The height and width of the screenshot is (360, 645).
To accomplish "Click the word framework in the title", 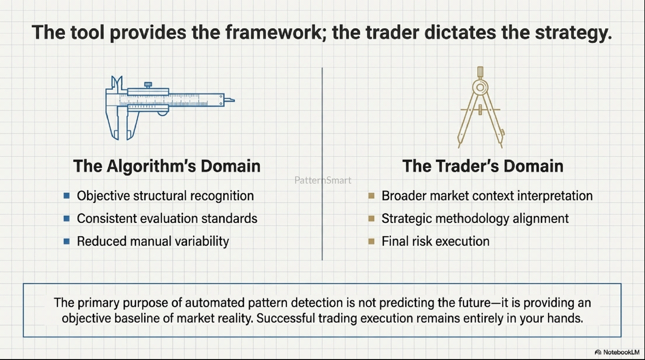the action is coord(274,32).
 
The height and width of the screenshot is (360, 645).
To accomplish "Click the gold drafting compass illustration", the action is coord(481,108).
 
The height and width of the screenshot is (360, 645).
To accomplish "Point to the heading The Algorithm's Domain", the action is coord(167,166).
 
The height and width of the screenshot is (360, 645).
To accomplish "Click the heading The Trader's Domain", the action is coord(483,166).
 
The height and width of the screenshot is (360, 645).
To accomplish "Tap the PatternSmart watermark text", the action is coord(323,180).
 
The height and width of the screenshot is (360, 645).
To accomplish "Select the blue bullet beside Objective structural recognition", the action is coord(67,196).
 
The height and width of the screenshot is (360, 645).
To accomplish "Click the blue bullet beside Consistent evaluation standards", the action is coord(67,218).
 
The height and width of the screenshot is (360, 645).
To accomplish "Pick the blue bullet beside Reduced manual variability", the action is coord(67,241).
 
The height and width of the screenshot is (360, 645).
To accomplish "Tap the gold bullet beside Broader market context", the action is coord(372,196).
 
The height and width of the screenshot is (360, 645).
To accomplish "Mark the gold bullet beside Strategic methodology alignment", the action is coord(372,218).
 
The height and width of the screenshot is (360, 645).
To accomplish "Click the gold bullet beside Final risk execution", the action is coord(372,241).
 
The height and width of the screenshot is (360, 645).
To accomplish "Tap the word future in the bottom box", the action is coord(474,303).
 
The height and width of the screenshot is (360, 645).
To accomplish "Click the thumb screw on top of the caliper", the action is coord(148,85).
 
